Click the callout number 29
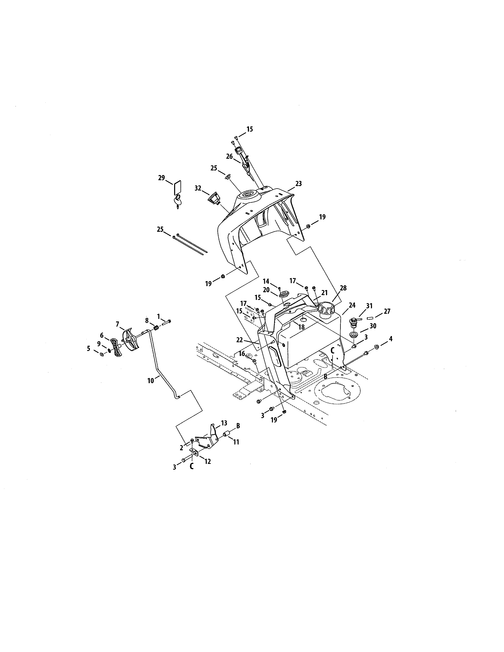161,178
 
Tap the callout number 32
198,188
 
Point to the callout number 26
229,156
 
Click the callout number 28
343,288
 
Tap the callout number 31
369,306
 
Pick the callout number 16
242,354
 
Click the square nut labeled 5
102,354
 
